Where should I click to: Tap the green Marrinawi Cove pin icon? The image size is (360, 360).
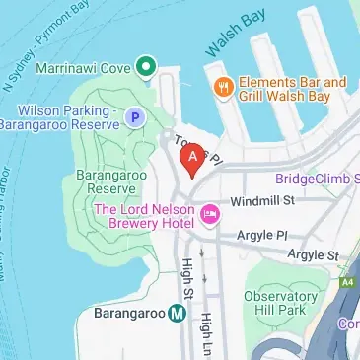coord(146,67)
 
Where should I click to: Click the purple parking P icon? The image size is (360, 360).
coord(135,118)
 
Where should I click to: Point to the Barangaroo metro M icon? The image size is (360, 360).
coord(177,315)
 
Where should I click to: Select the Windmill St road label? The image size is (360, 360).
coord(262,201)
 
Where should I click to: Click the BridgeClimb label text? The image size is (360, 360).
coord(318,178)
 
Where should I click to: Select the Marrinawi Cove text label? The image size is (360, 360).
coord(83,68)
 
